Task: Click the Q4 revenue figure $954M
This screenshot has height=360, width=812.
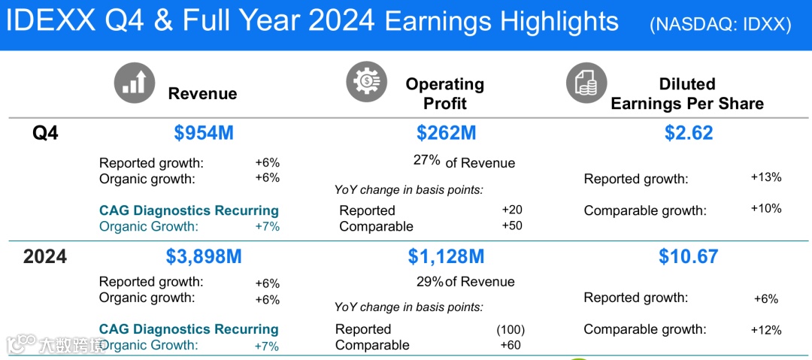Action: (x=204, y=133)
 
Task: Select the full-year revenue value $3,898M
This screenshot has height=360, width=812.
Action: (x=204, y=257)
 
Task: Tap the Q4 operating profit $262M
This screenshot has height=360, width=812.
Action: (x=446, y=133)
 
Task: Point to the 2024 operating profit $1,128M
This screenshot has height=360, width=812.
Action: (x=446, y=257)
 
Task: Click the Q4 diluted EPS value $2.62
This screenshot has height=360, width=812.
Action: (x=689, y=133)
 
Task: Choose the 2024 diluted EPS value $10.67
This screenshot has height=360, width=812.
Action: (x=689, y=257)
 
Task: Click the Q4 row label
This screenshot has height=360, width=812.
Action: (x=45, y=134)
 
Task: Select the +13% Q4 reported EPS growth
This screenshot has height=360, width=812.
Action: (x=766, y=177)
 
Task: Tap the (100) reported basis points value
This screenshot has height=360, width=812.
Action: (x=511, y=329)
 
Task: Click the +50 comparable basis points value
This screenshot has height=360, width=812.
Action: (x=512, y=225)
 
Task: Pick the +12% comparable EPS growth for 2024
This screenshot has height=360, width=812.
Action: (x=766, y=331)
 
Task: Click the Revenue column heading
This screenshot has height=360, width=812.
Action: (x=202, y=93)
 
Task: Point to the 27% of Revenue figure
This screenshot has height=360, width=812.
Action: (x=464, y=162)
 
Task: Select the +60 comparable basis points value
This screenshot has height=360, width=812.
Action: (x=510, y=344)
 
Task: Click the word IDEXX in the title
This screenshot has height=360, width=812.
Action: (x=51, y=23)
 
